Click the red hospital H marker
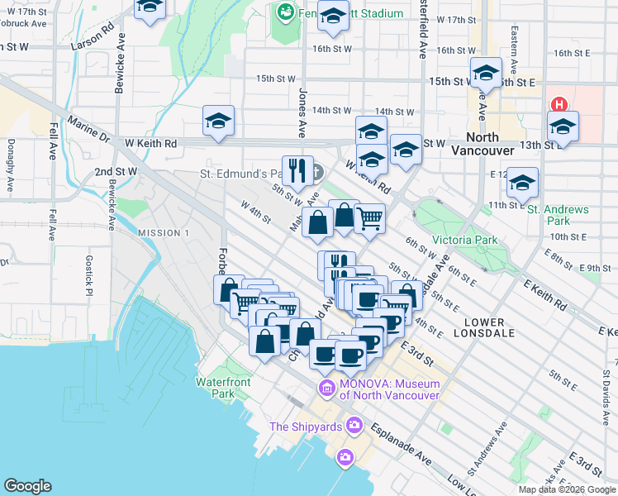(559, 105)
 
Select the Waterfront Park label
(222, 388)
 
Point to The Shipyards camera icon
(354, 426)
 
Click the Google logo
(27, 486)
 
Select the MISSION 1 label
(164, 233)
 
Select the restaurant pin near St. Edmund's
(297, 170)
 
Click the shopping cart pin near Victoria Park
(370, 219)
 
